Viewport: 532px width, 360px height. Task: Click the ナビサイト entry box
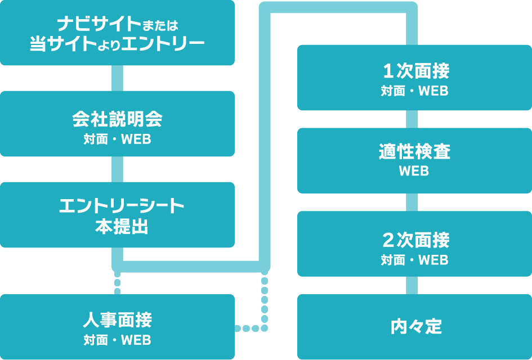point(117,33)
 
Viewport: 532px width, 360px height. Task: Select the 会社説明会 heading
point(117,119)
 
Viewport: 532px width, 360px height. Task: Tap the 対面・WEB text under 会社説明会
point(117,139)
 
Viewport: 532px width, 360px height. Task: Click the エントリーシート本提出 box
point(117,215)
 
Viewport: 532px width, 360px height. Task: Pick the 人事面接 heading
point(117,321)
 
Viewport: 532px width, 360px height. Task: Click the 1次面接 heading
point(414,71)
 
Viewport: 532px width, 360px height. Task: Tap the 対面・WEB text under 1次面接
point(414,91)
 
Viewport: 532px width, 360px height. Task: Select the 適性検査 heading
point(414,152)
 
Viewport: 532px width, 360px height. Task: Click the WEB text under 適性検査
point(414,171)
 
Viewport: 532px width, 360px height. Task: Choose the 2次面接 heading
point(414,240)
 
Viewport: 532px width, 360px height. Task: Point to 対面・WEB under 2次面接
point(414,260)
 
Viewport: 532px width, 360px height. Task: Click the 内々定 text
point(414,327)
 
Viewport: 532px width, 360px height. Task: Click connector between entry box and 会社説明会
point(117,78)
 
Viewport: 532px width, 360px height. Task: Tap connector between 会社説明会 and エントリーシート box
point(117,169)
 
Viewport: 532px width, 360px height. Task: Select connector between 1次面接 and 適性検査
point(412,119)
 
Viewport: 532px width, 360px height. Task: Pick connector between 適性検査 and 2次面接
point(412,202)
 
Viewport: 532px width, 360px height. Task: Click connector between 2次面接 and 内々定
point(412,285)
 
